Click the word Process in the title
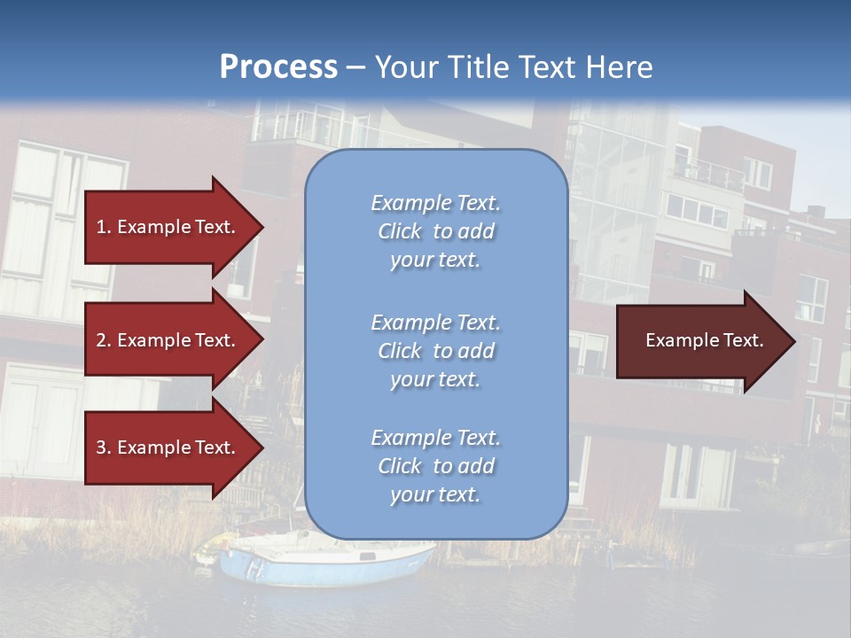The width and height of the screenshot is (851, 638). (x=278, y=67)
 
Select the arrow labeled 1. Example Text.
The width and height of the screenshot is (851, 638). (x=168, y=227)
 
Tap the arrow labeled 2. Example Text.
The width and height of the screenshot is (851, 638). (x=168, y=340)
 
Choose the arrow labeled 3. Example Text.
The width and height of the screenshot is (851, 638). (x=168, y=447)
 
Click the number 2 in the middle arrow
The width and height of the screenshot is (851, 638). (x=101, y=340)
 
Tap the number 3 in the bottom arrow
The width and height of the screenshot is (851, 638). (x=101, y=447)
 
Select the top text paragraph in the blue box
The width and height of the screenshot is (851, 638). (x=435, y=231)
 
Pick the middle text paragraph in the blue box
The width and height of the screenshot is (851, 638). (x=435, y=351)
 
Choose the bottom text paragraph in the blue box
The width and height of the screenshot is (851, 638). (x=435, y=466)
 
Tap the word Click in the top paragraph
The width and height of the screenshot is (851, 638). (x=399, y=231)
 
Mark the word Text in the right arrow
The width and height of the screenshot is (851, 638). (x=743, y=340)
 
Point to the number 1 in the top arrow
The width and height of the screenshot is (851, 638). (x=100, y=227)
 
